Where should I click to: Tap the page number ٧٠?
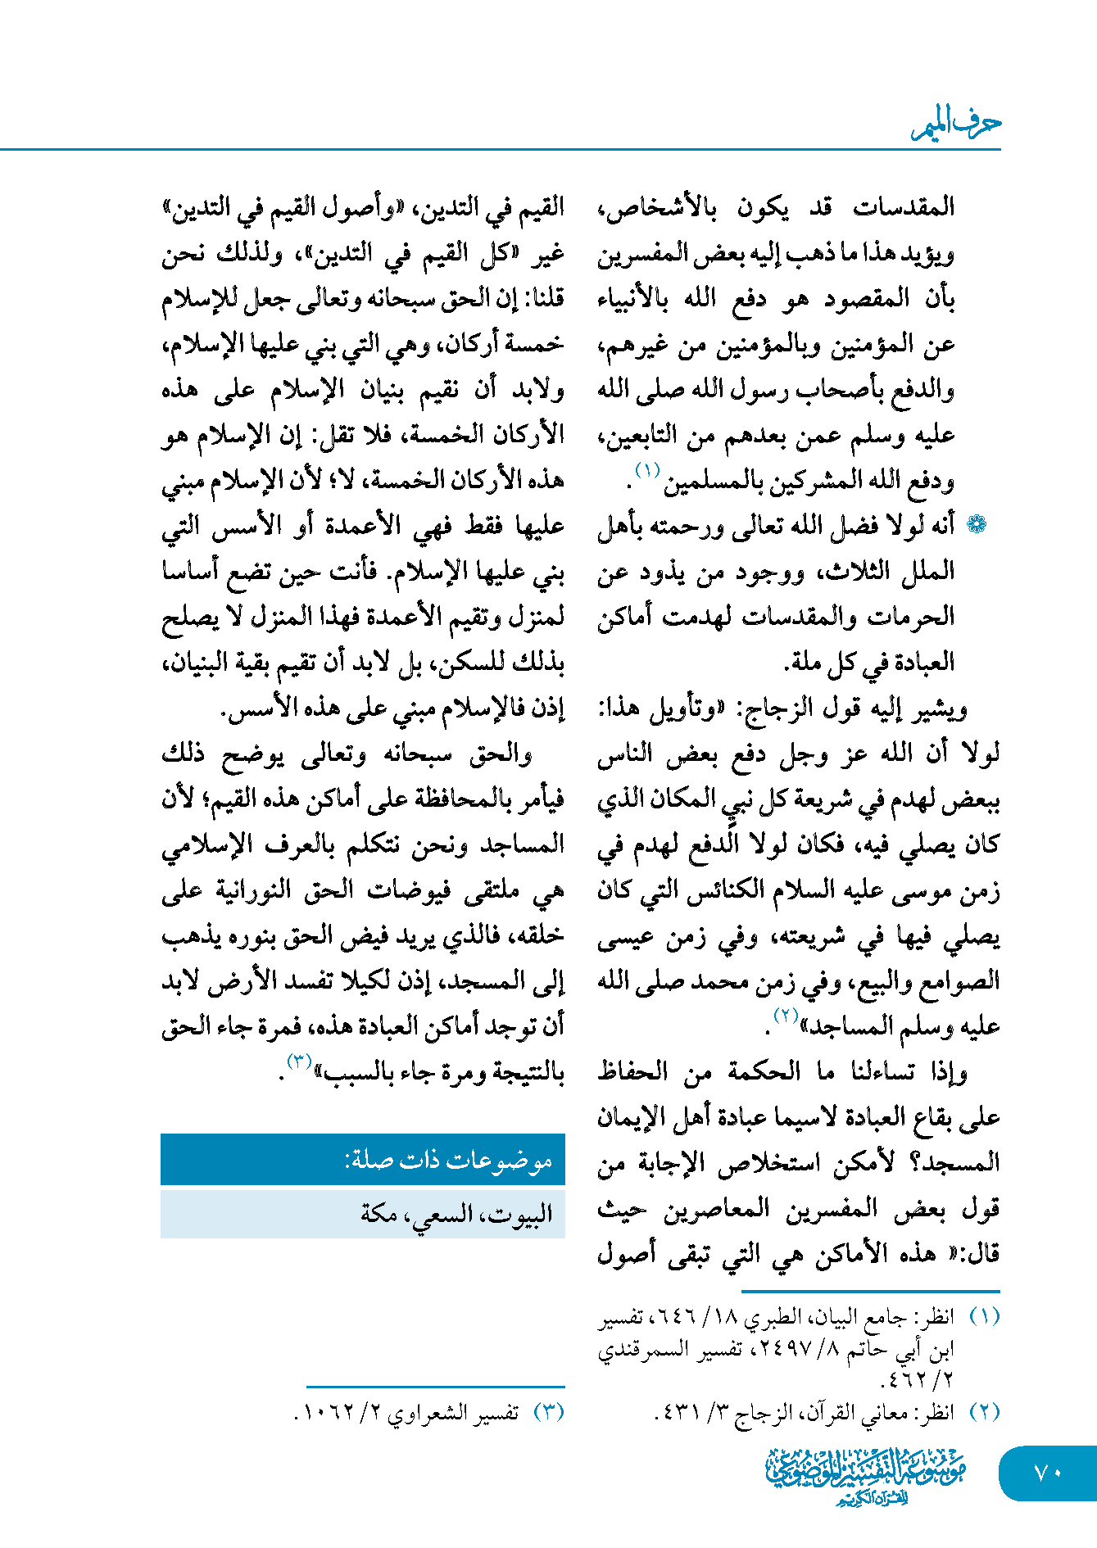(1048, 1473)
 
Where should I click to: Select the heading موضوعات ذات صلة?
(448, 1160)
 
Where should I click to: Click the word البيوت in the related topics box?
(521, 1213)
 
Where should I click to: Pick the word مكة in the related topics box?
(379, 1213)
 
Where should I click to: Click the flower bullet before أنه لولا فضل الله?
(977, 525)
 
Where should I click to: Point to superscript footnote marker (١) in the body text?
(648, 470)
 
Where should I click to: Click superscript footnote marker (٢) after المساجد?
(786, 1016)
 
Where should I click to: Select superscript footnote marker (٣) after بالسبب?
(298, 1061)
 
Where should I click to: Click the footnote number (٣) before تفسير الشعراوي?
(549, 1413)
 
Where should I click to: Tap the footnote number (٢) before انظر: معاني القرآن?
(984, 1413)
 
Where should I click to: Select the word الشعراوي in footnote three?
(429, 1414)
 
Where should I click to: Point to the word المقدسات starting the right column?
(904, 207)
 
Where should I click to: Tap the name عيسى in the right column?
(625, 937)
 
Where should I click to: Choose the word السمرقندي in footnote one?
(637, 1349)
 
